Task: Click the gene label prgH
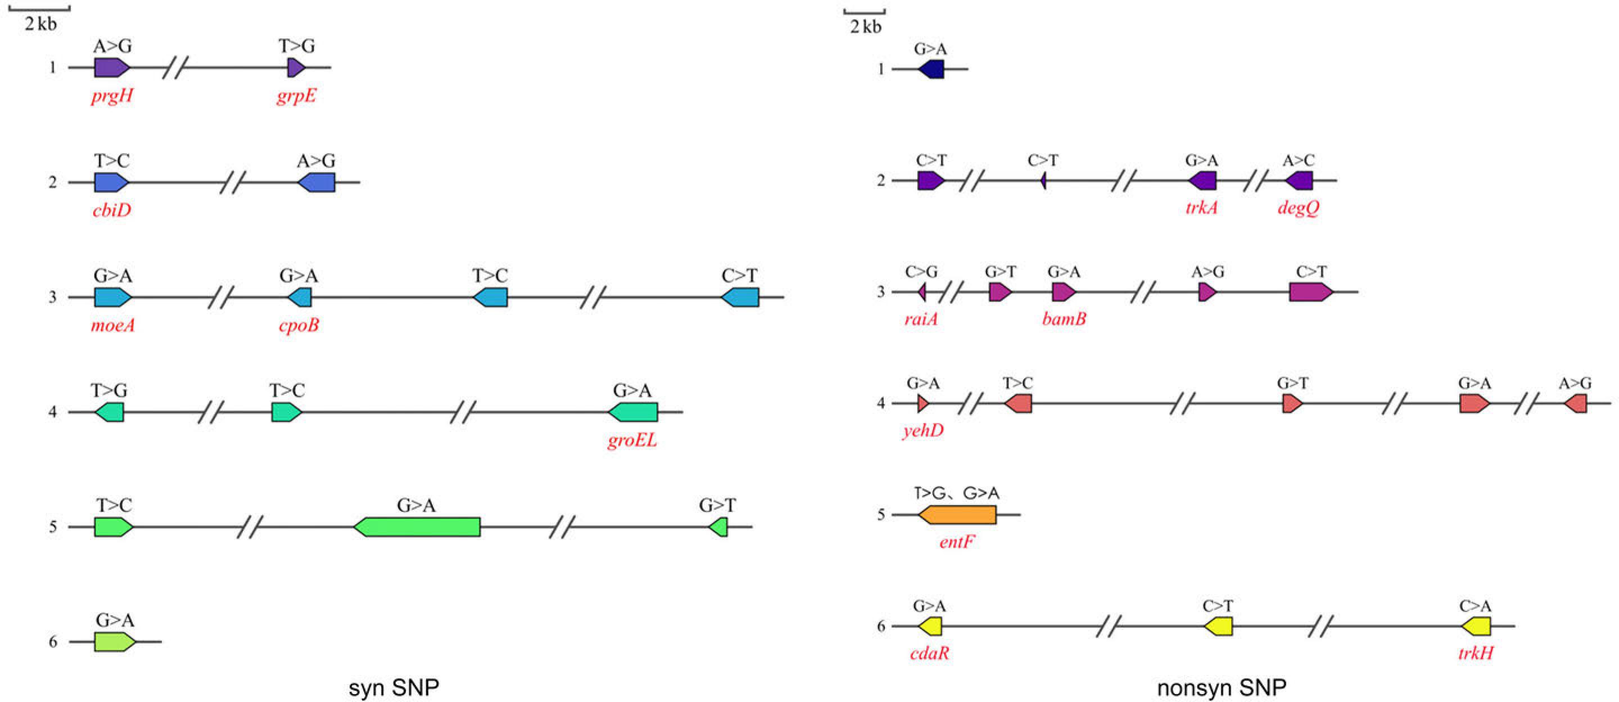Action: click(x=112, y=96)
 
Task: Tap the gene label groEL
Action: click(x=632, y=440)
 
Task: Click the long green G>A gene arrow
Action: click(x=417, y=527)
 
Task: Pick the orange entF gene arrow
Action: click(x=957, y=515)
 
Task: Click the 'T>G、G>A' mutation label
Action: click(x=956, y=494)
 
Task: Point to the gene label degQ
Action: click(x=1299, y=208)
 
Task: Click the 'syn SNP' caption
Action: click(x=394, y=687)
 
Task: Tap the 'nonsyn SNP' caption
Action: click(x=1221, y=687)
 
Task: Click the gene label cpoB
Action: click(x=299, y=325)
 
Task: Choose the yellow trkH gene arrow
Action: click(x=1476, y=626)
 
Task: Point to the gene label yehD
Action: click(x=922, y=431)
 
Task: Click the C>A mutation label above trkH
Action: click(x=1475, y=606)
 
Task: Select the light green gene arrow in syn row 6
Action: click(x=114, y=642)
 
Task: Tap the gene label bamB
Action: click(x=1064, y=319)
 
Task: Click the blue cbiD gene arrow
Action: click(x=111, y=182)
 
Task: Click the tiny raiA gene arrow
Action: click(x=922, y=292)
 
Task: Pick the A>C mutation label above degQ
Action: click(x=1299, y=160)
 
